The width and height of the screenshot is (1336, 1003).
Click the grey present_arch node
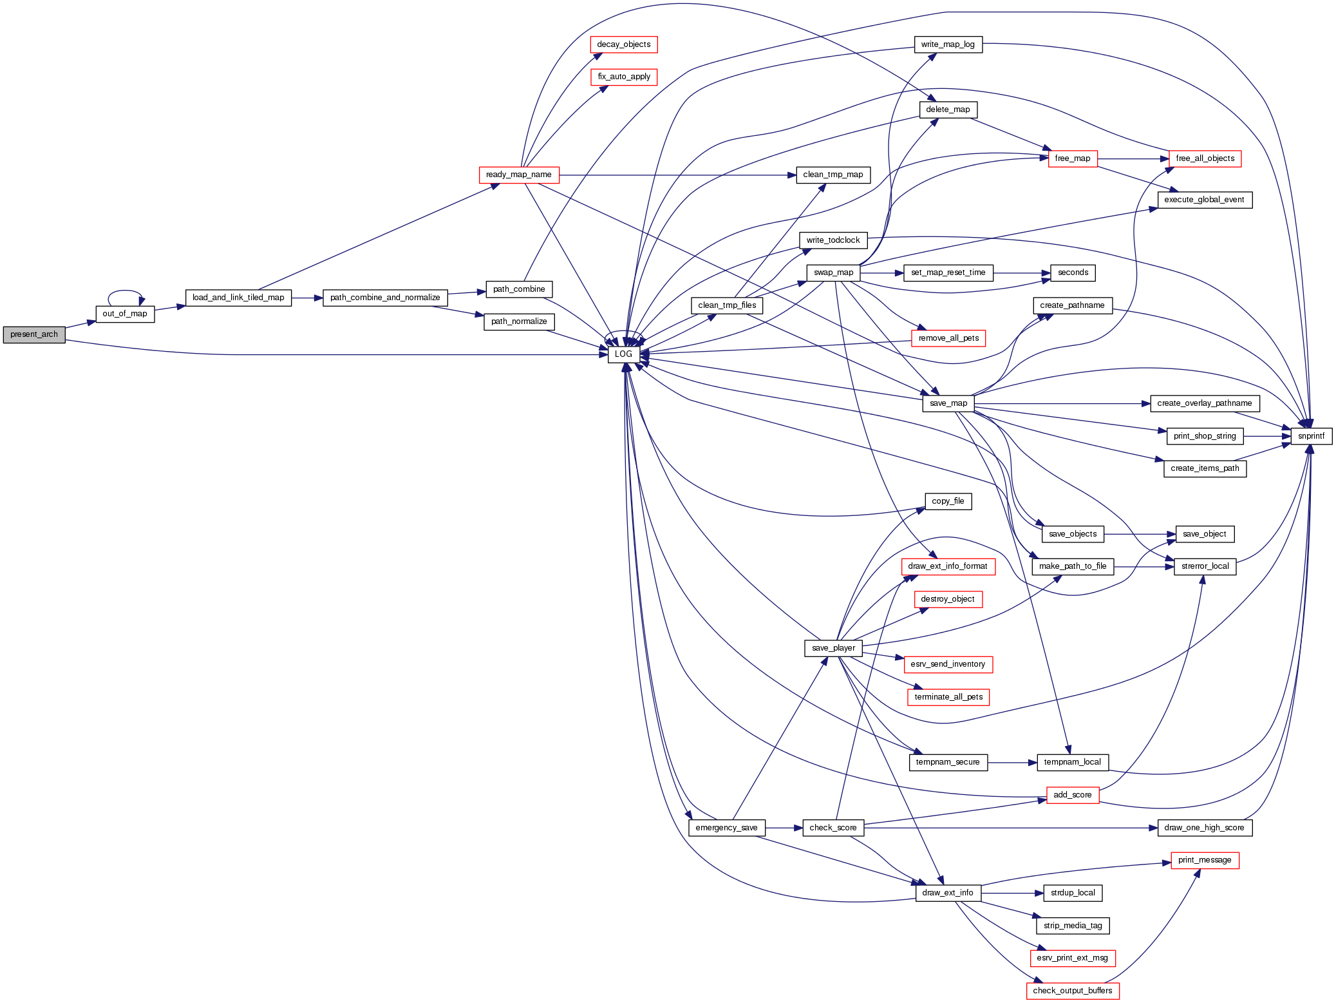click(x=34, y=334)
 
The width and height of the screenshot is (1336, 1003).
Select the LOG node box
click(x=623, y=354)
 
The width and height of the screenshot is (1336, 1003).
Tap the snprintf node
click(x=1311, y=436)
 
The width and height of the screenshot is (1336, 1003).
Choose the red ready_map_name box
click(x=519, y=175)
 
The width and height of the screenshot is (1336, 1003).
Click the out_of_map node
click(x=125, y=314)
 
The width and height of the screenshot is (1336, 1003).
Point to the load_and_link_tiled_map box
click(x=238, y=298)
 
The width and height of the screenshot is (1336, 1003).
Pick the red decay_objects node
click(x=623, y=44)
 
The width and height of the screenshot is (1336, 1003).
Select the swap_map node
click(x=833, y=272)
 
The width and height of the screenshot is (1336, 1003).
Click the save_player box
click(x=833, y=648)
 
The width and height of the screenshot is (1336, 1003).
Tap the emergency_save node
click(x=726, y=828)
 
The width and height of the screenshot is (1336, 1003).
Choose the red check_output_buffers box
click(x=1073, y=991)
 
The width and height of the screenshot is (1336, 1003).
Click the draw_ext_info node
click(x=948, y=893)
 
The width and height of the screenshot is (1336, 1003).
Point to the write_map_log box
click(x=948, y=44)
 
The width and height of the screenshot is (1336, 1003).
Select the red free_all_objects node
click(x=1205, y=158)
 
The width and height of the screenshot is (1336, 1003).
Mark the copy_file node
click(x=948, y=501)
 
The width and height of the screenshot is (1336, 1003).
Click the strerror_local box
click(x=1205, y=566)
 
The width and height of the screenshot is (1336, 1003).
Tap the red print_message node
click(x=1205, y=860)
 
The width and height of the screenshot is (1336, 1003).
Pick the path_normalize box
click(x=519, y=321)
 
